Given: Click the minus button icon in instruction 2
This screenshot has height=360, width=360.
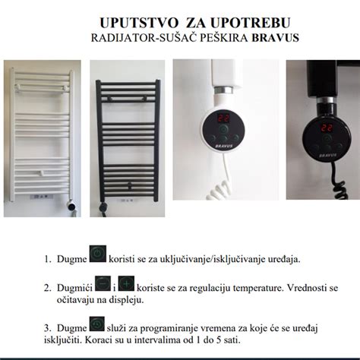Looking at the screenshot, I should (104, 285).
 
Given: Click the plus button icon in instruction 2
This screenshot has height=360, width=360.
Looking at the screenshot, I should (127, 285).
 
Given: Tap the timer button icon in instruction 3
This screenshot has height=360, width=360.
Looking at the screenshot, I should (97, 325).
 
